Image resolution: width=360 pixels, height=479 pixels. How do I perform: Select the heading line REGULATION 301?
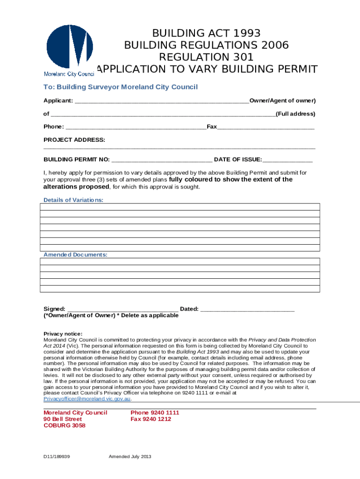click(x=206, y=58)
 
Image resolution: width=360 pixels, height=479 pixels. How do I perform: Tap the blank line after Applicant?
click(x=162, y=101)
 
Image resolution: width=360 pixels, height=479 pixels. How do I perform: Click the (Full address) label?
click(x=295, y=114)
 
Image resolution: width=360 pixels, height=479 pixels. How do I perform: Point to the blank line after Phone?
click(x=136, y=127)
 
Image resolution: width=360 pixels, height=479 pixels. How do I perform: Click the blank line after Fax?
click(x=266, y=127)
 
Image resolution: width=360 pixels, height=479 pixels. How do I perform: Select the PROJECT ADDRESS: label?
click(x=74, y=140)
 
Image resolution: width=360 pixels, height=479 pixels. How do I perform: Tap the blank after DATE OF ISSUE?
click(x=288, y=160)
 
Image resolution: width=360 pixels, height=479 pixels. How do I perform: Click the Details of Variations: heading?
click(x=73, y=200)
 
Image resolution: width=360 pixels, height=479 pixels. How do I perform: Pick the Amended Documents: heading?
click(x=75, y=255)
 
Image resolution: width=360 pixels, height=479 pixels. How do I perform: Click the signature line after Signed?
click(x=122, y=309)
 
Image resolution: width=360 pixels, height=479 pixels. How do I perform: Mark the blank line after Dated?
click(x=247, y=309)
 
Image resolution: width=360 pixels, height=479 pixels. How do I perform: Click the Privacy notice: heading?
click(x=63, y=334)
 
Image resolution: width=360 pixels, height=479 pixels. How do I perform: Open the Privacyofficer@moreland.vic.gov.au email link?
click(x=87, y=399)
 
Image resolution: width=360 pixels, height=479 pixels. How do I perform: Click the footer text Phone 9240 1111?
click(x=155, y=413)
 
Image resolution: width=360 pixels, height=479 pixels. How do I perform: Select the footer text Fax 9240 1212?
click(x=151, y=419)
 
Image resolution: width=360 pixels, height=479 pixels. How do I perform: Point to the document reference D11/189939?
click(x=57, y=457)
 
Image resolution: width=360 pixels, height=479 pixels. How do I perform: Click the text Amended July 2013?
click(x=130, y=457)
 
